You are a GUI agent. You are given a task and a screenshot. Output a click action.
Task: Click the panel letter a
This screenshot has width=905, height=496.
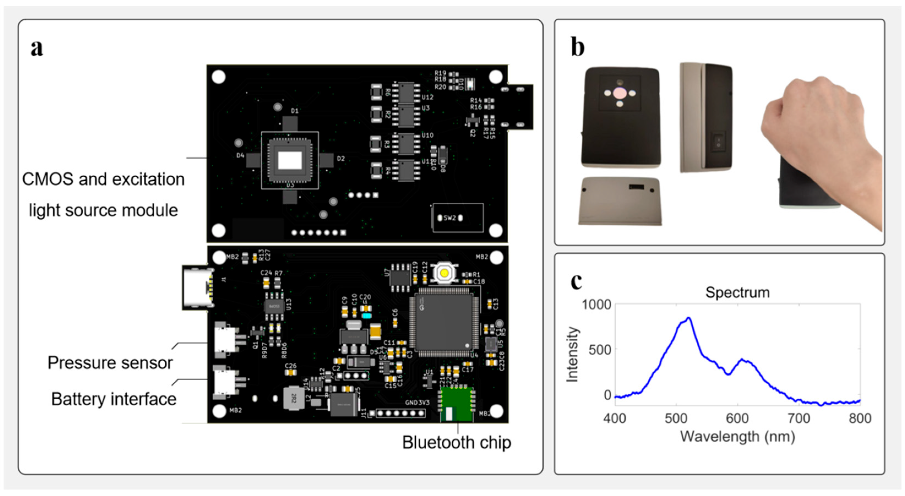(37, 48)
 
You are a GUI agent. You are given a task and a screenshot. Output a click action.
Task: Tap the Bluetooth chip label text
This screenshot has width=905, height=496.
(456, 442)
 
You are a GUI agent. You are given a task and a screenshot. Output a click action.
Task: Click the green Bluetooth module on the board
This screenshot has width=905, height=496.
(456, 404)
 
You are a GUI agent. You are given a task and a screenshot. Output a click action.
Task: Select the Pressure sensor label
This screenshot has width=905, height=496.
(110, 363)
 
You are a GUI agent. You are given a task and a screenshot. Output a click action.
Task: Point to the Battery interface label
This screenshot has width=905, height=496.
(113, 399)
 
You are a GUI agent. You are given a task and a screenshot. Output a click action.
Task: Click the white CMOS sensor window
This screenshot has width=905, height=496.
(290, 160)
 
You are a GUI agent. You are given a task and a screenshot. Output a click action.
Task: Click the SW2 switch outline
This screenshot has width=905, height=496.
(458, 218)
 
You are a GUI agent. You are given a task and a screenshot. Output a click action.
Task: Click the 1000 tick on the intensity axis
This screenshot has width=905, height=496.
(596, 304)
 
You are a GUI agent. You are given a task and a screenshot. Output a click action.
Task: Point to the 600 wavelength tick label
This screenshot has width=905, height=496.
(737, 418)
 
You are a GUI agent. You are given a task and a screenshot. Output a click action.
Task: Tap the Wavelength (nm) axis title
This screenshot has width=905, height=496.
(737, 436)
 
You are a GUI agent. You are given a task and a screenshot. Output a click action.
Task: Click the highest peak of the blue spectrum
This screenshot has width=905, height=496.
(689, 318)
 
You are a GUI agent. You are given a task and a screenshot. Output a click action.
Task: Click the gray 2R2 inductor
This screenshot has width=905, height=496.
(294, 398)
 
